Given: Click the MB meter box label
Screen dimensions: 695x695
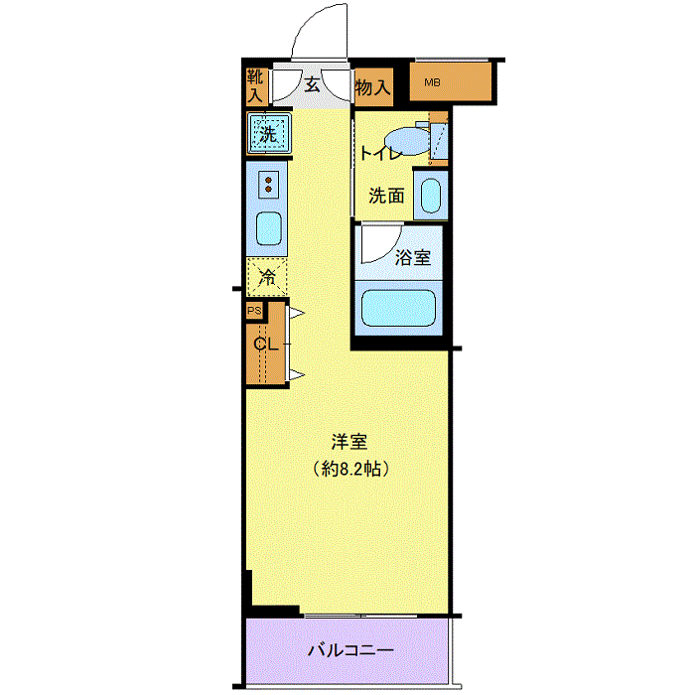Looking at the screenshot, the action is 432,82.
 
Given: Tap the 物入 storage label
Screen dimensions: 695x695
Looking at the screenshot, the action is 372,87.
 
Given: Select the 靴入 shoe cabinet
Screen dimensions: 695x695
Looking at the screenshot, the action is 256,86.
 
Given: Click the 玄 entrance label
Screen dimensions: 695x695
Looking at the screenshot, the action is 312,84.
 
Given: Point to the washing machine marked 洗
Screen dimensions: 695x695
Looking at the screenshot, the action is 269,133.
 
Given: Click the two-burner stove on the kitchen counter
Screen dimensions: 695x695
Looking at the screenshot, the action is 268,185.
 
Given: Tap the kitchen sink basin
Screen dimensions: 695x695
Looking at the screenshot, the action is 269,228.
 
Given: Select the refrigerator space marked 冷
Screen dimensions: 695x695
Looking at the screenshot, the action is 267,277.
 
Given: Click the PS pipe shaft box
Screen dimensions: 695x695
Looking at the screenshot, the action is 254,310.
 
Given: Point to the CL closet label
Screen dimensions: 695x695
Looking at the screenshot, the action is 265,344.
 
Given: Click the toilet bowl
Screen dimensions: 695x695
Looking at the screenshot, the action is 408,141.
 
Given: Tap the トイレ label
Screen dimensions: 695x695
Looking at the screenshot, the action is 381,153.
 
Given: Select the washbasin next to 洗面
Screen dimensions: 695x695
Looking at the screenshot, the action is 430,196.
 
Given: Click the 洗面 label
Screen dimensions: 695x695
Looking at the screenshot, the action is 386,196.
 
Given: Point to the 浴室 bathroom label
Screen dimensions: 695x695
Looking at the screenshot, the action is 413,257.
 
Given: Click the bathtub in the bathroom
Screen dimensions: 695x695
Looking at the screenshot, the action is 398,308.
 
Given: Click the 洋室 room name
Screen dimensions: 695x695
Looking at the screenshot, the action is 349,442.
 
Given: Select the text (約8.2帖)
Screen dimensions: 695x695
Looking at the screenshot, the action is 350,469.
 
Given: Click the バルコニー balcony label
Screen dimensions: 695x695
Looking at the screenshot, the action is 350,650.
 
